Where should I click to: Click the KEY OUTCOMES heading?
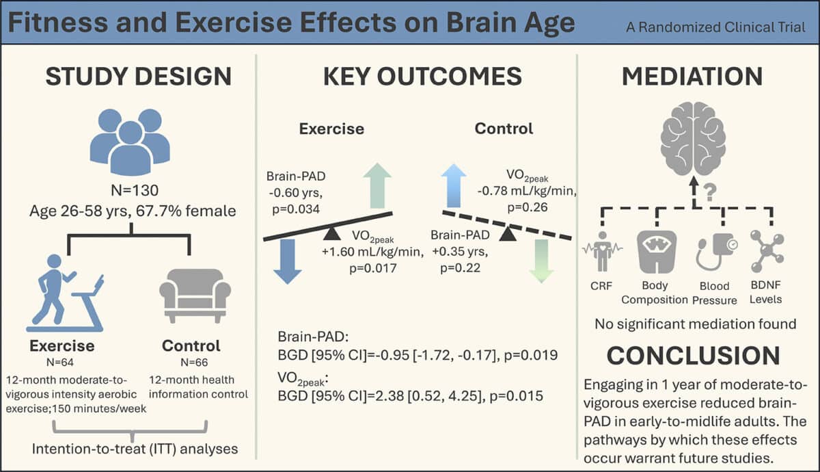(x=422, y=77)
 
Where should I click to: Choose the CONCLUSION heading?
(x=693, y=356)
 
